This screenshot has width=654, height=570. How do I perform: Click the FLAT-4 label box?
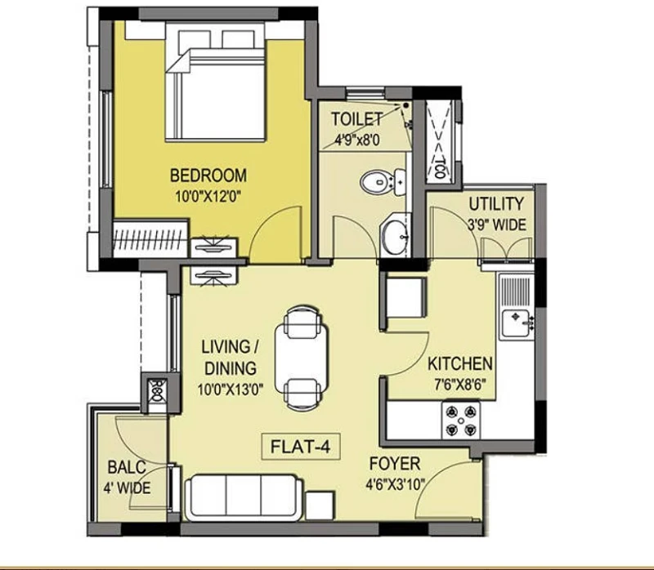[x=301, y=447]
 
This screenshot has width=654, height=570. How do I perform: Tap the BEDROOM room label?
[x=208, y=176]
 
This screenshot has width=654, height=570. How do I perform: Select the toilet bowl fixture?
[x=382, y=182]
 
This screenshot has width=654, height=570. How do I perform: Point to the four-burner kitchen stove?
[x=461, y=420]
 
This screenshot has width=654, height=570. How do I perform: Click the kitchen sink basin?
[x=517, y=323]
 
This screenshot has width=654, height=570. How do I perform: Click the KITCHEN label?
[x=460, y=363]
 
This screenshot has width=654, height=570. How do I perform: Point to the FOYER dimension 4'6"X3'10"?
[x=395, y=484]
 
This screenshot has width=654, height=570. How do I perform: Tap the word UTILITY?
[x=496, y=204]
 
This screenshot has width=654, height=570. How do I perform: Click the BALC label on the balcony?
[x=127, y=467]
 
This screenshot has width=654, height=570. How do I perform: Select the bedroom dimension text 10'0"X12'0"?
[x=208, y=196]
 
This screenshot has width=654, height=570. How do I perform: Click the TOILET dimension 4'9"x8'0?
[x=357, y=140]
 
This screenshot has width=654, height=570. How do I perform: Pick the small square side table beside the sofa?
[x=320, y=505]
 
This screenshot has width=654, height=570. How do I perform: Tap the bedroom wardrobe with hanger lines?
[x=150, y=238]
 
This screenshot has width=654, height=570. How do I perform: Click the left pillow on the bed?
[x=195, y=39]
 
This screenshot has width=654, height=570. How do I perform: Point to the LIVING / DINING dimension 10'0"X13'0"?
[x=231, y=390]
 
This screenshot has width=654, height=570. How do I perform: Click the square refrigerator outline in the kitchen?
[x=405, y=297]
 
